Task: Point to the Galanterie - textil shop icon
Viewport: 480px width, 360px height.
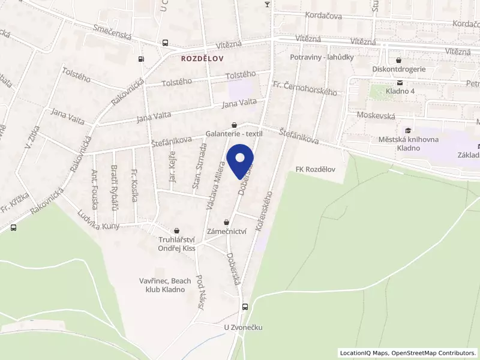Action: pyautogui.click(x=234, y=125)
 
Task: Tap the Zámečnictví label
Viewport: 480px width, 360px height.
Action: pyautogui.click(x=227, y=231)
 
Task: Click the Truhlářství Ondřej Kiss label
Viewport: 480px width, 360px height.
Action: pyautogui.click(x=176, y=244)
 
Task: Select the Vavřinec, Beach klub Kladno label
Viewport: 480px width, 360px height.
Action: pyautogui.click(x=164, y=285)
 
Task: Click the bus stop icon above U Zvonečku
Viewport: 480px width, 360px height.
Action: pyautogui.click(x=244, y=307)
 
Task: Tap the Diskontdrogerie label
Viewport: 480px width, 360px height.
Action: pyautogui.click(x=398, y=68)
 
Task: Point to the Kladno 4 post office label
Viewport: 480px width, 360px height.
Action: pyautogui.click(x=400, y=91)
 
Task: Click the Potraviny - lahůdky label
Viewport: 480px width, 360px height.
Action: pyautogui.click(x=321, y=57)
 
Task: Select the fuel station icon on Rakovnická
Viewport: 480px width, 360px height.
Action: pyautogui.click(x=141, y=59)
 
